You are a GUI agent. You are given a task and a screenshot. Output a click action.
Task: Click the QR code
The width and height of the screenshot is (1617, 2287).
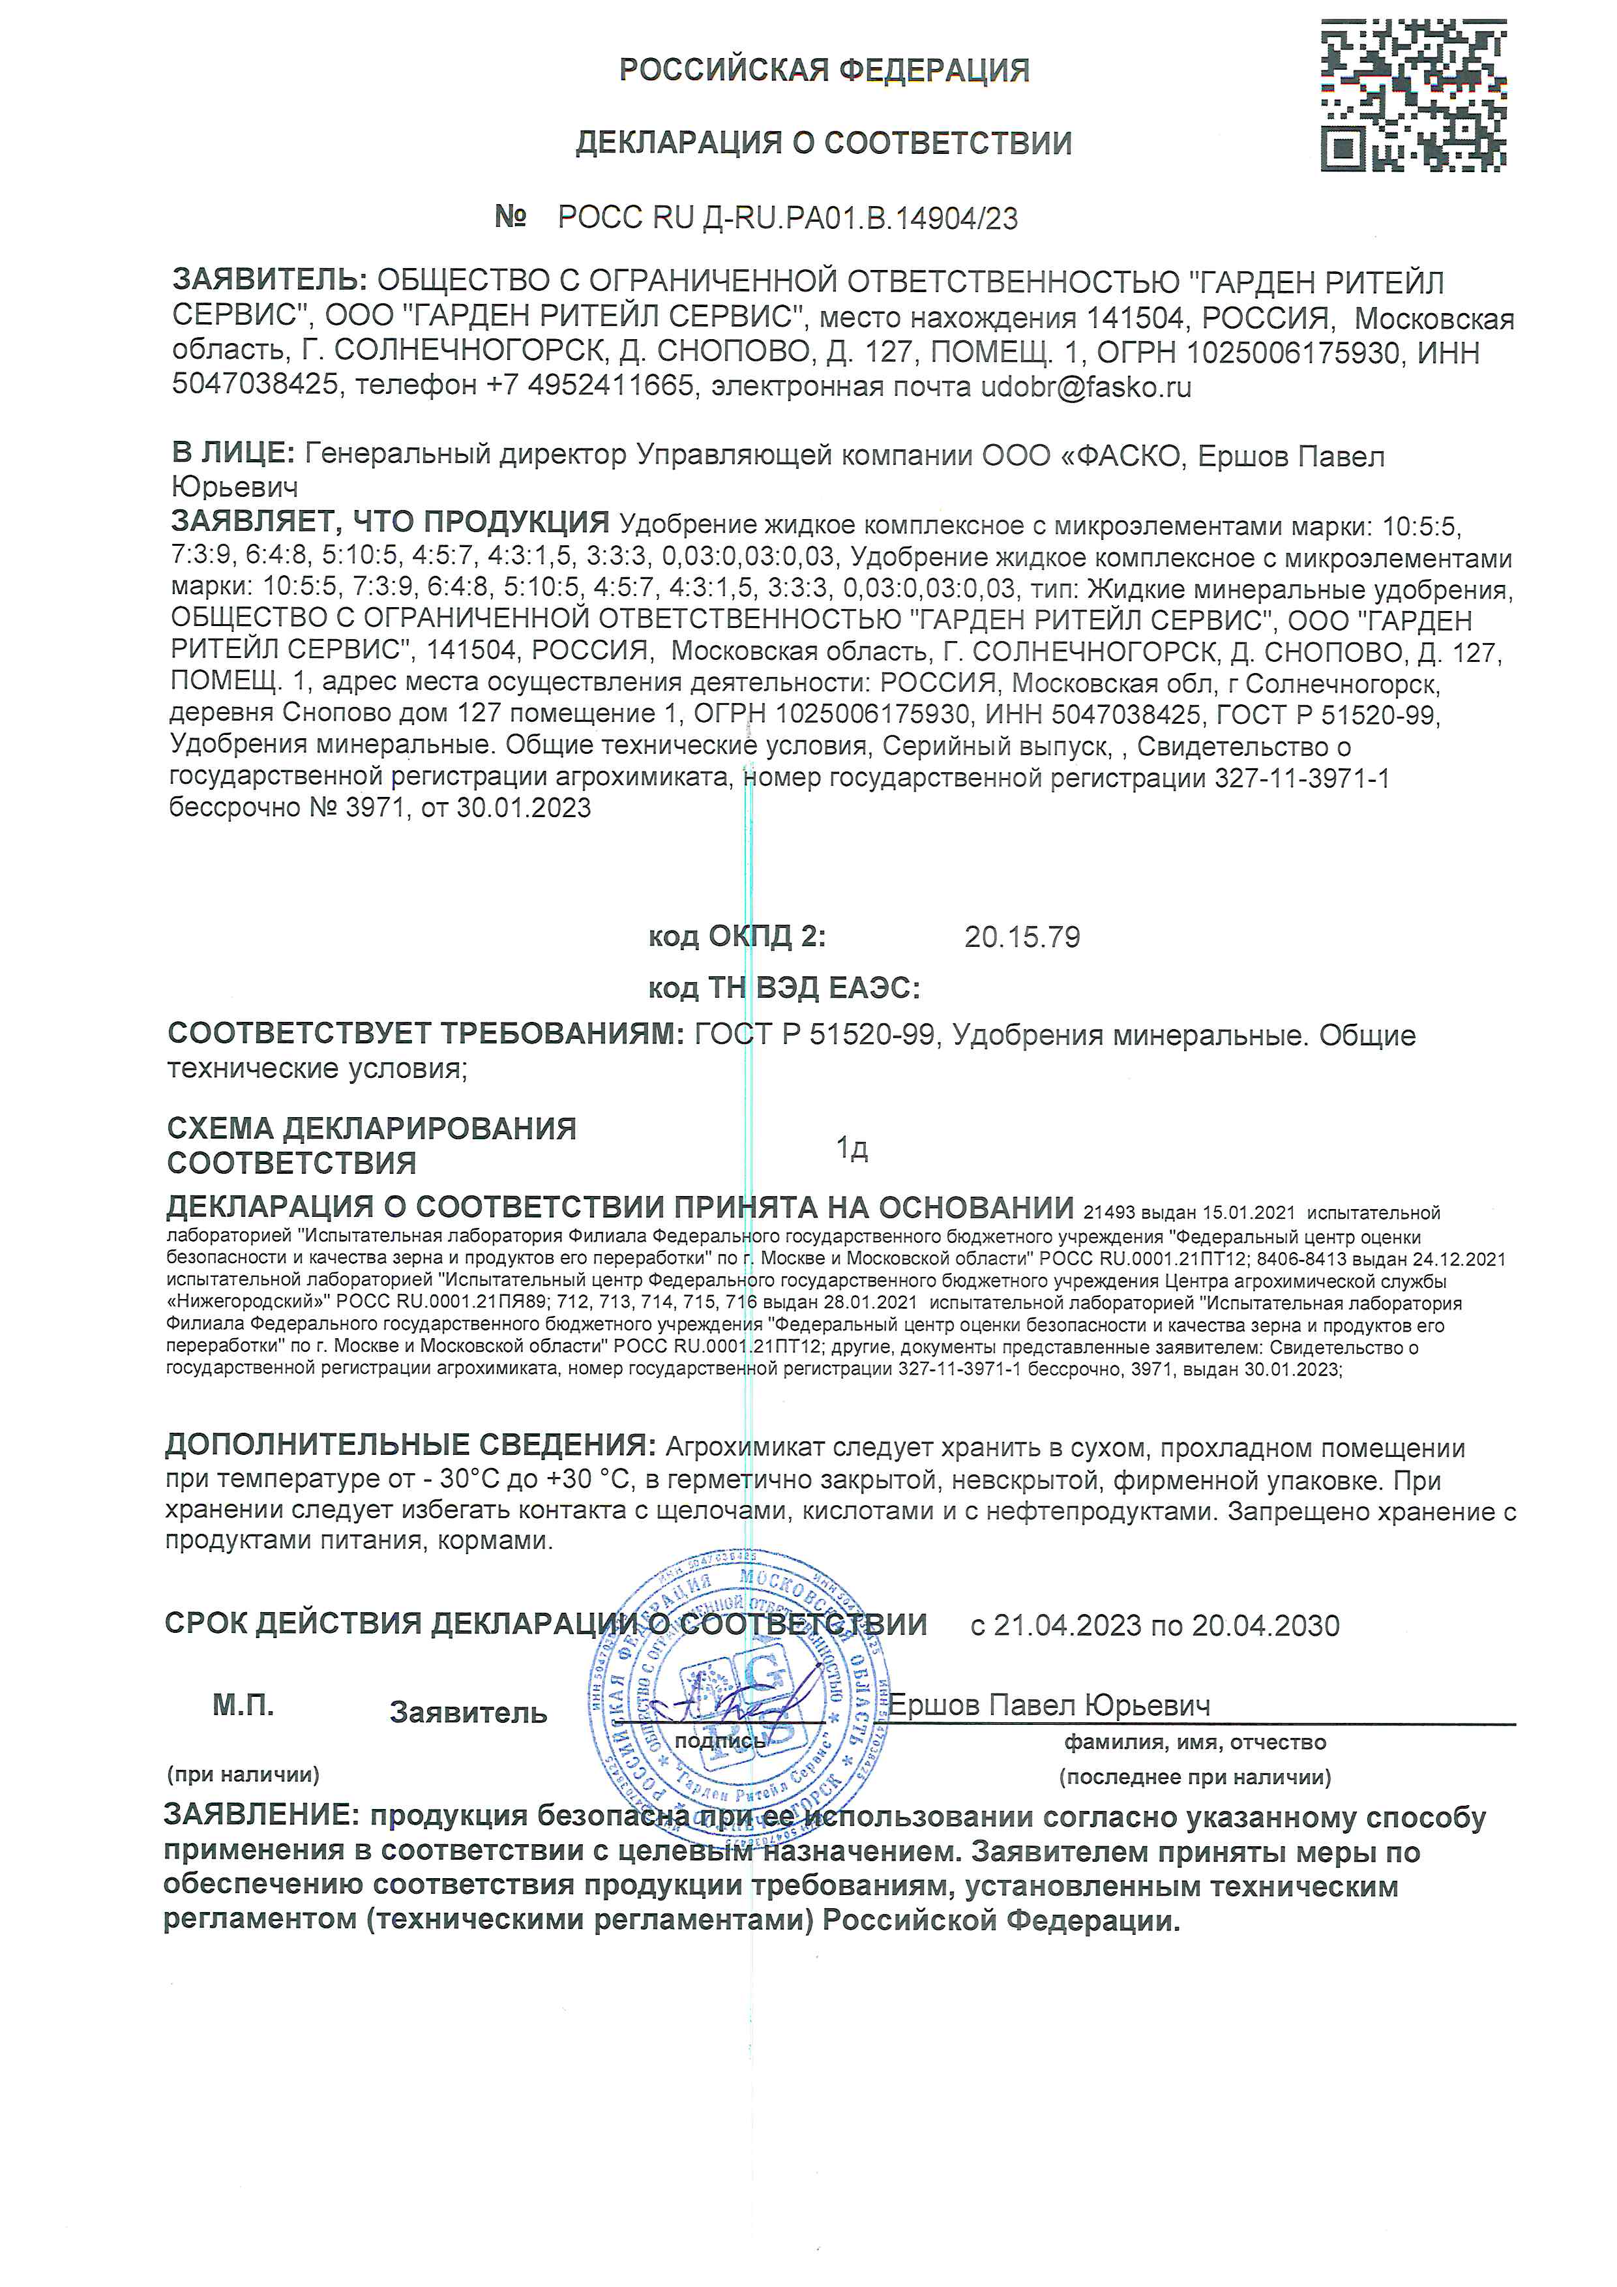click(x=1413, y=96)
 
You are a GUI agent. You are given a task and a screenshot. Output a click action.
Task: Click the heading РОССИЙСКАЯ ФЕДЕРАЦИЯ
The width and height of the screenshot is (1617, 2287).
click(x=823, y=70)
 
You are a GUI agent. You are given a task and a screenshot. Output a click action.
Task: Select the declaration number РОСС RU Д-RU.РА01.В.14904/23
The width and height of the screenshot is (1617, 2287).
click(x=788, y=218)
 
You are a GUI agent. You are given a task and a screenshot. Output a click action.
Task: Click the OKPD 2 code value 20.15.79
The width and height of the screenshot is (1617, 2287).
click(x=1022, y=937)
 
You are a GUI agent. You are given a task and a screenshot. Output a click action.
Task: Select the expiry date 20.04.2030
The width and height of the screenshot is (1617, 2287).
click(x=1266, y=1626)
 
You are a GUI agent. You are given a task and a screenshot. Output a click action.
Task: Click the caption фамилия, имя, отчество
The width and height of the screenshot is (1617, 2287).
click(x=1195, y=1742)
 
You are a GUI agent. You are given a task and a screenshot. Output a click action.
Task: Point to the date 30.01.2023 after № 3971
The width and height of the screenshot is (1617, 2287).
click(x=524, y=808)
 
